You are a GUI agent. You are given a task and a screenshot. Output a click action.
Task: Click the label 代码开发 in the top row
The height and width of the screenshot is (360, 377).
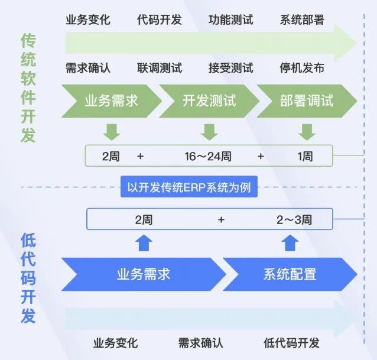pyautogui.click(x=159, y=20)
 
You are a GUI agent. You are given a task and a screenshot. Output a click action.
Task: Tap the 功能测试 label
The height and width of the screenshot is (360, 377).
pyautogui.click(x=231, y=20)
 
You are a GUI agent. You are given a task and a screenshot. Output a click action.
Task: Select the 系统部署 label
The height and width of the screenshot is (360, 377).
pyautogui.click(x=302, y=20)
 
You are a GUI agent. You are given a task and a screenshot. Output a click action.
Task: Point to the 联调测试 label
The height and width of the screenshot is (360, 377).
pyautogui.click(x=160, y=68)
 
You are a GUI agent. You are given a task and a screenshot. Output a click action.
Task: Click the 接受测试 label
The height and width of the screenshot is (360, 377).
pyautogui.click(x=231, y=68)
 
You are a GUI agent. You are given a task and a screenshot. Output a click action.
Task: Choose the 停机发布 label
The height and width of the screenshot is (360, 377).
pyautogui.click(x=302, y=68)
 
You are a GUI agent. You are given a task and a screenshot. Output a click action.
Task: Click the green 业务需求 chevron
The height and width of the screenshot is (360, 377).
pyautogui.click(x=112, y=101)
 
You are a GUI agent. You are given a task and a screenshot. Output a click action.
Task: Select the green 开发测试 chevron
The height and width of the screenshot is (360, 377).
pyautogui.click(x=209, y=101)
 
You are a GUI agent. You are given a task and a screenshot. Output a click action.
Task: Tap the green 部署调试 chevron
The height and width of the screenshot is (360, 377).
pyautogui.click(x=307, y=101)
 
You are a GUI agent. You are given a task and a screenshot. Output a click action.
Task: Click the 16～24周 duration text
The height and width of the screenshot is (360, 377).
pyautogui.click(x=208, y=156)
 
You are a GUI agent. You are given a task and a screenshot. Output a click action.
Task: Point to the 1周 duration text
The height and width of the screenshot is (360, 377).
pyautogui.click(x=305, y=156)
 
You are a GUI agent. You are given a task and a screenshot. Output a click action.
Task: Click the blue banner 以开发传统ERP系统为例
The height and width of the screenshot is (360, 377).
pyautogui.click(x=189, y=187)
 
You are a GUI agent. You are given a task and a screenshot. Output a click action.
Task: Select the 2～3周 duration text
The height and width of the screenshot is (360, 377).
pyautogui.click(x=294, y=220)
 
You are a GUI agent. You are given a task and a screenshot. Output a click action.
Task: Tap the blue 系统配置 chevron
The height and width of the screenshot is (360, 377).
pyautogui.click(x=290, y=274)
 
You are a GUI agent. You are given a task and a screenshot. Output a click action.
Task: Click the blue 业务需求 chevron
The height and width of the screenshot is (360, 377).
pyautogui.click(x=144, y=274)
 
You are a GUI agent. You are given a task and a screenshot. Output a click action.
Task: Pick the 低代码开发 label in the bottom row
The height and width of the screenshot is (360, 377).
pyautogui.click(x=291, y=343)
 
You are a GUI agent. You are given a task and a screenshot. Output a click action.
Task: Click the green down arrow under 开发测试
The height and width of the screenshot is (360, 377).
pyautogui.click(x=209, y=132)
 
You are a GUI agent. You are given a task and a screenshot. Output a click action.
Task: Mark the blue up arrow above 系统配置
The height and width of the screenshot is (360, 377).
pyautogui.click(x=290, y=243)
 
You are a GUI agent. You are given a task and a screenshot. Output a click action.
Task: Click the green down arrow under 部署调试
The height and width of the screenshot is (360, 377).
pyautogui.click(x=307, y=132)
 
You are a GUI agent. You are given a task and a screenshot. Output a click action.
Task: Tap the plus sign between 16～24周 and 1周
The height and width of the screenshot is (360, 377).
pyautogui.click(x=261, y=156)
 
